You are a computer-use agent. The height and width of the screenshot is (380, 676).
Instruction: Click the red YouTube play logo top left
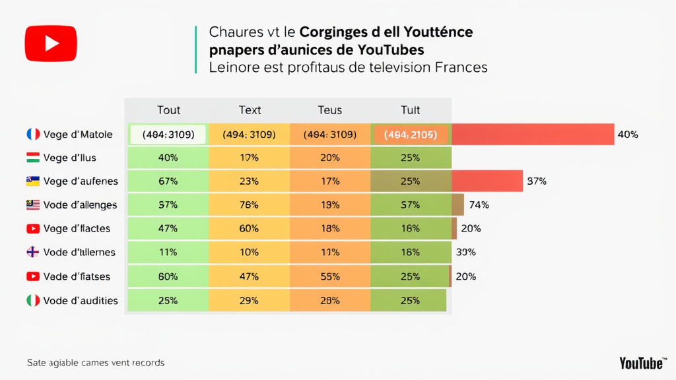51,44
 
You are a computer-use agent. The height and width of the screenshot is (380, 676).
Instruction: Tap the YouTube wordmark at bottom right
642,363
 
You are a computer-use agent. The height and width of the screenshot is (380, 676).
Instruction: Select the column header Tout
168,110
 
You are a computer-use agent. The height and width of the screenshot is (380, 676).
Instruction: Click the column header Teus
329,110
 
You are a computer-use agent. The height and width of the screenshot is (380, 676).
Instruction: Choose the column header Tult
410,110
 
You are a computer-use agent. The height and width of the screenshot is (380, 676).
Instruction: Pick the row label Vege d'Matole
78,135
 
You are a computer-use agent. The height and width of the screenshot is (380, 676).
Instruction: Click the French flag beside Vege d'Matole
33,135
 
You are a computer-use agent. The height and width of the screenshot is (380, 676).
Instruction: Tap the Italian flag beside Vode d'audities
33,301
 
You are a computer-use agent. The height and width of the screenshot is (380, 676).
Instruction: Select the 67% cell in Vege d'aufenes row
168,181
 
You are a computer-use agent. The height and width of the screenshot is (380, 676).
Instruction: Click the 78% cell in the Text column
249,205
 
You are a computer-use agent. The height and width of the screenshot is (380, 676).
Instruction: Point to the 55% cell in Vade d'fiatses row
329,276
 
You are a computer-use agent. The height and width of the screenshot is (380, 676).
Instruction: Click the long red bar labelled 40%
532,135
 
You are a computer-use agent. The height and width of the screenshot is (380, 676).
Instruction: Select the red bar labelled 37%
487,181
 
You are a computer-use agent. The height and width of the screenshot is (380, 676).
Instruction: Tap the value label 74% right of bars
479,205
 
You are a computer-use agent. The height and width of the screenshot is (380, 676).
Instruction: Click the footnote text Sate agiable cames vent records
96,363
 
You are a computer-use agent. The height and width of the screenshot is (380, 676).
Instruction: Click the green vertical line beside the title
196,49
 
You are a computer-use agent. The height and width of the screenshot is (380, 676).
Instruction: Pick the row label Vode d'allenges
80,205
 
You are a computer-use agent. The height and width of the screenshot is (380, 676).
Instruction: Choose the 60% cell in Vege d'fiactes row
249,229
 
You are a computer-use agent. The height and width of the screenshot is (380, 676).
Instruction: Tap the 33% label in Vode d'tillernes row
466,253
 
